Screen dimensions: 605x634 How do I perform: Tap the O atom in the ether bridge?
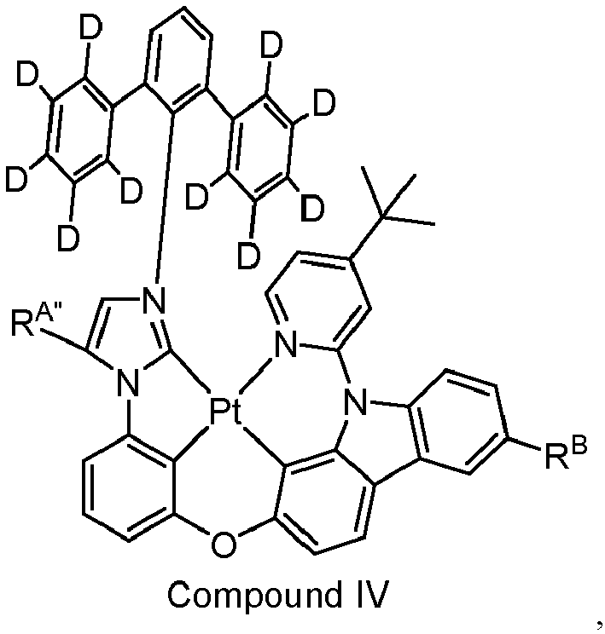click(x=224, y=545)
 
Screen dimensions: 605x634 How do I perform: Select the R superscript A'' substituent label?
click(x=32, y=320)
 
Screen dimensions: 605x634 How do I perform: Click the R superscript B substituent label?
click(x=566, y=456)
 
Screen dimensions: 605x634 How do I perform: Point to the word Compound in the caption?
click(x=254, y=595)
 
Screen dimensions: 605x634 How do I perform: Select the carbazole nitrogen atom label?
click(x=356, y=403)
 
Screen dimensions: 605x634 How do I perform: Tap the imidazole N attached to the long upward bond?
click(x=155, y=301)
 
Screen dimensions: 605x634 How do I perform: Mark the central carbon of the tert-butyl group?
click(x=382, y=216)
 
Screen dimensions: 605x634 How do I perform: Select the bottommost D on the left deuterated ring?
click(x=68, y=239)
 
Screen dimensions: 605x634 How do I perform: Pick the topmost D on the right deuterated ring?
click(x=271, y=45)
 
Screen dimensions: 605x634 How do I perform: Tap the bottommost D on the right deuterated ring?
click(x=248, y=256)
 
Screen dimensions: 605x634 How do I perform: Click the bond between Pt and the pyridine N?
click(x=255, y=375)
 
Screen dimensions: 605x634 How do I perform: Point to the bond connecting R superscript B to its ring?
click(x=524, y=443)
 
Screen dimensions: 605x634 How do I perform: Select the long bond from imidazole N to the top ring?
click(x=166, y=195)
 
